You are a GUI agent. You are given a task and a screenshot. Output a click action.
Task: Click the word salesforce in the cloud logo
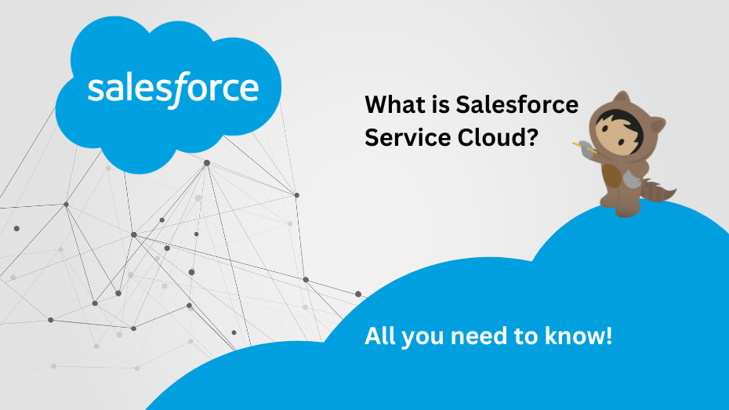click(x=172, y=89)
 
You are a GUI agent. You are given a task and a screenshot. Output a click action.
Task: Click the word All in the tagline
click(x=380, y=337)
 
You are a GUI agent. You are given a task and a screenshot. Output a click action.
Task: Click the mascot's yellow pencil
click(x=577, y=143)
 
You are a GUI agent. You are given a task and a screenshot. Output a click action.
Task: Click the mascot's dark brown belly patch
click(x=613, y=176)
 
